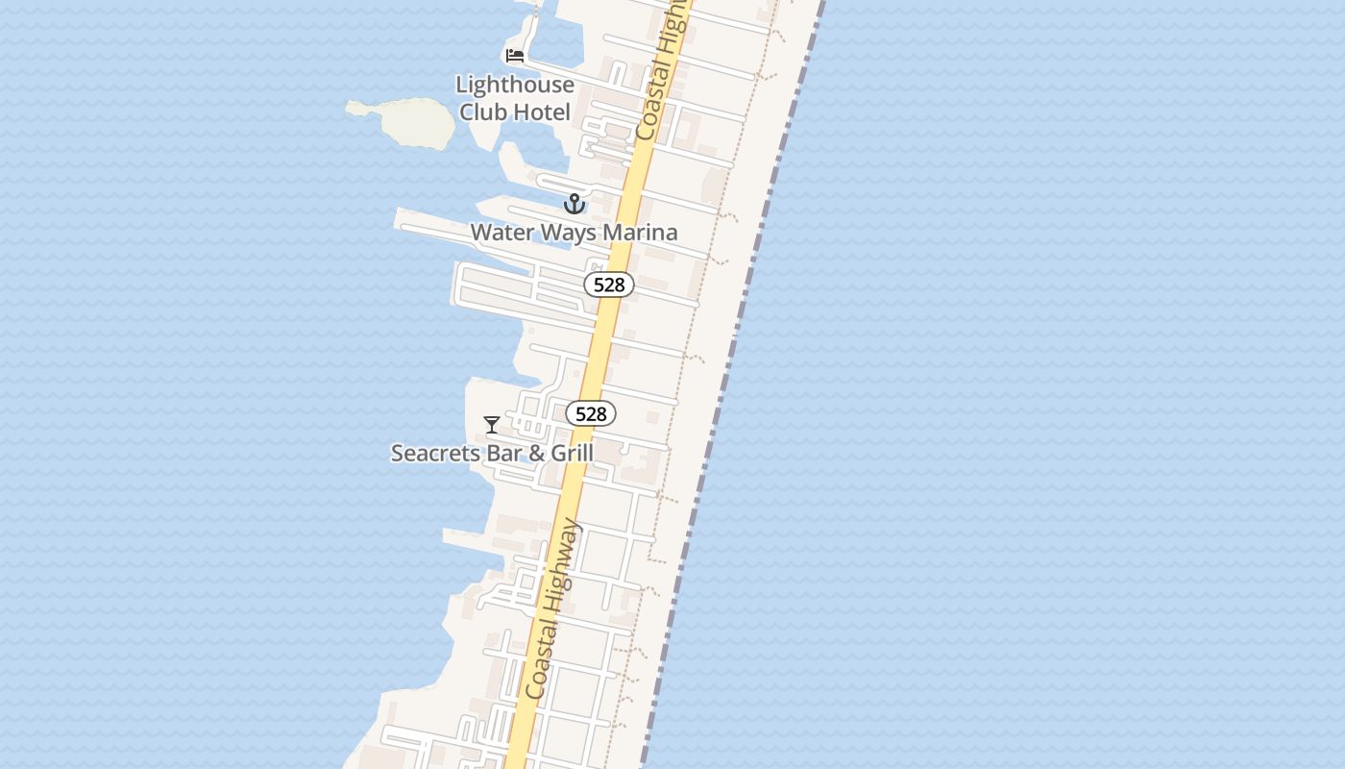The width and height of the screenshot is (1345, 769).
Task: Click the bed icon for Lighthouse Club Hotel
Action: pos(516,56)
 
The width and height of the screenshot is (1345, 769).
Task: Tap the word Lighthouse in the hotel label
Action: pos(515,85)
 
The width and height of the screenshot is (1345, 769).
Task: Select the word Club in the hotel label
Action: pos(481,112)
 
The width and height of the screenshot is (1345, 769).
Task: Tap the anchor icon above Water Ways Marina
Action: pos(574,204)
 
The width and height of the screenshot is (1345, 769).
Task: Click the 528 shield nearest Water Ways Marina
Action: pos(609,285)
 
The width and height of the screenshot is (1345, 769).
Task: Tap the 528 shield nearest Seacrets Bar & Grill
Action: pos(590,413)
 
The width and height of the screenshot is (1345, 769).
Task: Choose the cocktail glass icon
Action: pos(492,424)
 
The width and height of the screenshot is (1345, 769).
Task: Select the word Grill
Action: pos(572,453)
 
